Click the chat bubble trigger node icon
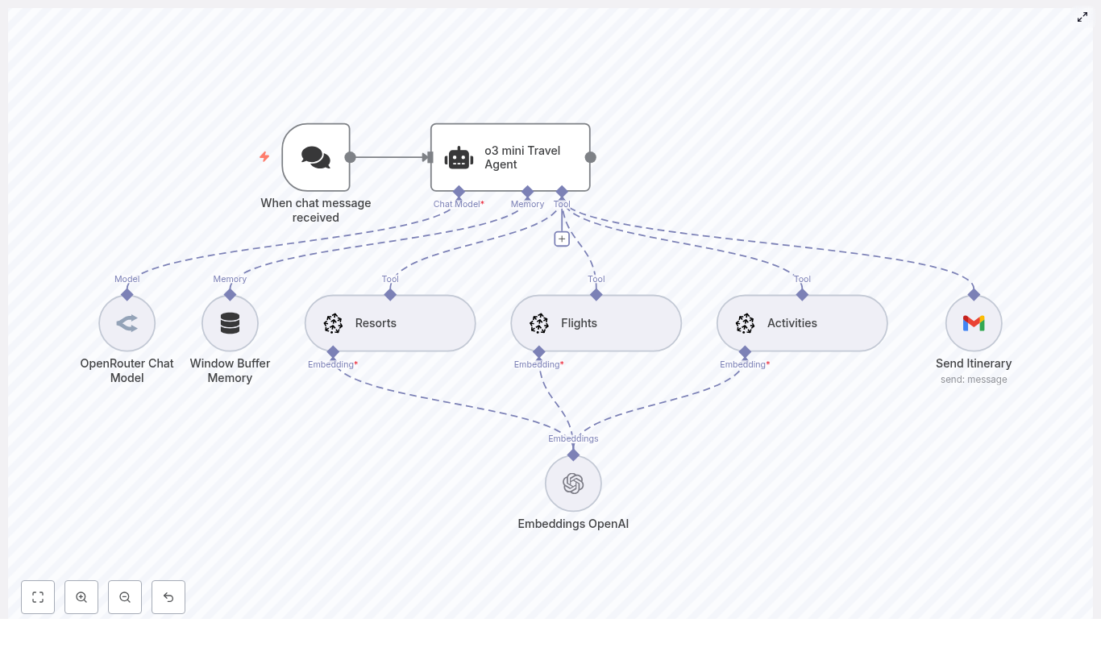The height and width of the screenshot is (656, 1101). click(x=316, y=157)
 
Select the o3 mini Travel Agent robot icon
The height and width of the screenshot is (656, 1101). click(x=459, y=158)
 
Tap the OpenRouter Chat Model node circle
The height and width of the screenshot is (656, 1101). click(x=127, y=323)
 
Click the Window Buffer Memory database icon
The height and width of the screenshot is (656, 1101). click(x=230, y=323)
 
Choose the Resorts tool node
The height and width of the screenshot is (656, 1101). click(x=390, y=323)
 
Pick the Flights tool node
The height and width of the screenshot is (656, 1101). click(x=596, y=323)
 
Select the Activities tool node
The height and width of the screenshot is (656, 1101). click(x=802, y=323)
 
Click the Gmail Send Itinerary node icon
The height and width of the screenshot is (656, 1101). click(x=974, y=323)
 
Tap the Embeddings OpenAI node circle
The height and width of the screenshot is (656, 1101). click(x=573, y=484)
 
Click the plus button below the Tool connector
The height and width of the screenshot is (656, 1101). click(x=562, y=239)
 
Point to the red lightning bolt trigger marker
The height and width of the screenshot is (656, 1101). click(x=264, y=156)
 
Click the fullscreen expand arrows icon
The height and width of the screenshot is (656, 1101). click(x=1082, y=17)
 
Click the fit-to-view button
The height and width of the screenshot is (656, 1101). click(x=38, y=597)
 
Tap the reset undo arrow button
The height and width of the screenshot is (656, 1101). click(x=168, y=597)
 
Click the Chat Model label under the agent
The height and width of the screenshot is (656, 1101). click(x=457, y=204)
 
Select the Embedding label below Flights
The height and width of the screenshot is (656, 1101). click(x=537, y=364)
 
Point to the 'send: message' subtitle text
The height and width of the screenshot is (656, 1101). click(x=974, y=380)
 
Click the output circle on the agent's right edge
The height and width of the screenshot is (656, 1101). click(x=591, y=157)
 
